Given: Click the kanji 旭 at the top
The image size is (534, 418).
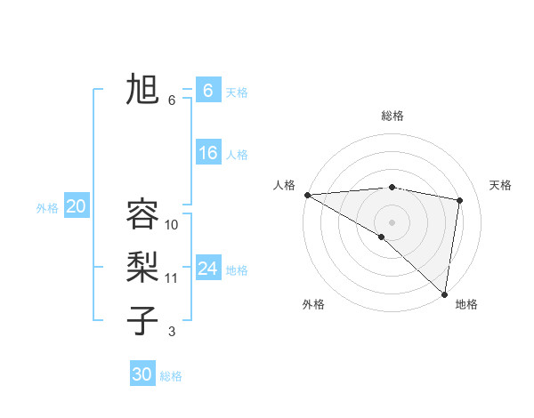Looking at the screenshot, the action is point(142,90).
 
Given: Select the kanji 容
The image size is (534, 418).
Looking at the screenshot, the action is point(142,214).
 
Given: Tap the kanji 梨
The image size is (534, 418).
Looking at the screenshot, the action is point(142,268).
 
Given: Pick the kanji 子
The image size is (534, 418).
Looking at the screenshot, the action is point(142,321).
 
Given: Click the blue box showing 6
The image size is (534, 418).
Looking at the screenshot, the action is point(207,90).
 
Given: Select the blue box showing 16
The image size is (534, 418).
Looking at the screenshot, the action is point(207,153).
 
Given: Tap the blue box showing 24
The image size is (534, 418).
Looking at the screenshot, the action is point(207,268).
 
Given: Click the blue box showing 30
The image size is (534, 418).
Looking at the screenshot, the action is point(142,374).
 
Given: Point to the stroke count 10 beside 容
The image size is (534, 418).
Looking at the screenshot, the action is point(172,225).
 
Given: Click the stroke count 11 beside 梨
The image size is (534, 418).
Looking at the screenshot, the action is point(172,278).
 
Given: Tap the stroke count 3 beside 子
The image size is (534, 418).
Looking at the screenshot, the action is point(172,332).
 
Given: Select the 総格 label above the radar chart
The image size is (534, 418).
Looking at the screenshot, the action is point(392,116).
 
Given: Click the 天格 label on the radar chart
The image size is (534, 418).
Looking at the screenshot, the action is point(501,185).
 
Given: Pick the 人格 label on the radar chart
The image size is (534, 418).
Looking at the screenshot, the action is point(285,185).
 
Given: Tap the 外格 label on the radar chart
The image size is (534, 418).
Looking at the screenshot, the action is point(313,304).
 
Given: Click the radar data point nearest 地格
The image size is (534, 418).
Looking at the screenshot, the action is point(445,293).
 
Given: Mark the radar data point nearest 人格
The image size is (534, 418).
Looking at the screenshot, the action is point(307,195).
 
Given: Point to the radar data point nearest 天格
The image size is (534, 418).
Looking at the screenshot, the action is point(460,200).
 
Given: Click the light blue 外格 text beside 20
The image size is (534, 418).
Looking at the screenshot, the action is point(47,208).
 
